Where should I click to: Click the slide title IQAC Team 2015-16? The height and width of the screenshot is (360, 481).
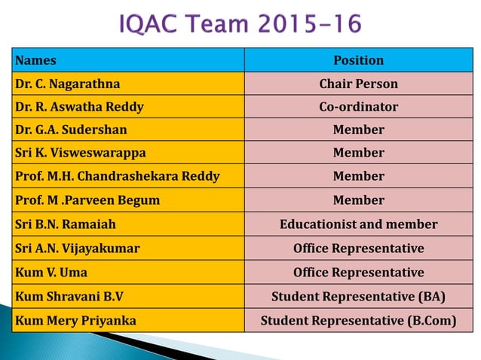pyautogui.click(x=240, y=24)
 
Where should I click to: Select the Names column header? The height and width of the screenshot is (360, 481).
pyautogui.click(x=35, y=60)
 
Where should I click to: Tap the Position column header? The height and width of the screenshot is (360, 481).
pyautogui.click(x=358, y=60)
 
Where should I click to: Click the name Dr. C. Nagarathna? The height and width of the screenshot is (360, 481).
pyautogui.click(x=67, y=84)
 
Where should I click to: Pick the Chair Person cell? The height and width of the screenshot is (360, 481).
pyautogui.click(x=358, y=84)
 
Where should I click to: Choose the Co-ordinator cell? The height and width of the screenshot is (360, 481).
pyautogui.click(x=358, y=107)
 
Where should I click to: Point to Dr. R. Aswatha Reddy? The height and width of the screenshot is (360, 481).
pyautogui.click(x=79, y=107)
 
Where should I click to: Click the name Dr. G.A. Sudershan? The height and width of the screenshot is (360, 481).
pyautogui.click(x=72, y=130)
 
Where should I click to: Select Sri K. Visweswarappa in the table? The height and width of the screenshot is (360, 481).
pyautogui.click(x=81, y=153)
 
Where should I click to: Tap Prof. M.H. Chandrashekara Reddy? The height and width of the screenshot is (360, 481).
pyautogui.click(x=117, y=176)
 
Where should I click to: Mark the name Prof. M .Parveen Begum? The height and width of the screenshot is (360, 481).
pyautogui.click(x=87, y=200)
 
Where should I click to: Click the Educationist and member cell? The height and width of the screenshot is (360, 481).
pyautogui.click(x=358, y=224)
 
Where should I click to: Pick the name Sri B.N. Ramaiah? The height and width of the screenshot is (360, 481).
pyautogui.click(x=66, y=224)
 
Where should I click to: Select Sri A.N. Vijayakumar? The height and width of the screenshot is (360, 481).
pyautogui.click(x=77, y=248)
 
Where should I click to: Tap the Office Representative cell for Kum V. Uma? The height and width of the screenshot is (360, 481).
pyautogui.click(x=358, y=272)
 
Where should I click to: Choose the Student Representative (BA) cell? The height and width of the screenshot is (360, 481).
pyautogui.click(x=358, y=296)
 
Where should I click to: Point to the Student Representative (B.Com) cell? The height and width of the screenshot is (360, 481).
pyautogui.click(x=358, y=320)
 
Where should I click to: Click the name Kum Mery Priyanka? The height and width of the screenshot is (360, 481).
pyautogui.click(x=75, y=320)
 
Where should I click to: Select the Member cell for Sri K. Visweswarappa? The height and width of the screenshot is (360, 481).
pyautogui.click(x=358, y=153)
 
